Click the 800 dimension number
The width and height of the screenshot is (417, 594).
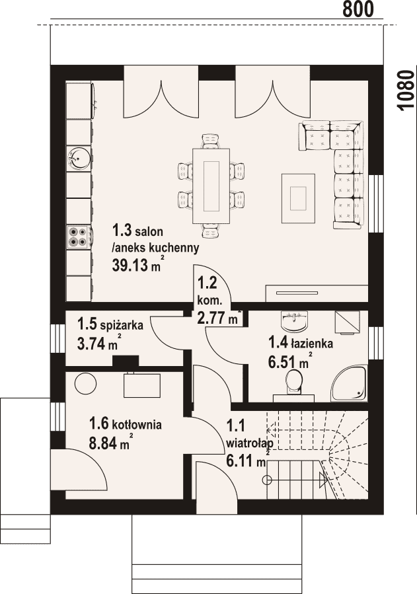(x=358, y=9)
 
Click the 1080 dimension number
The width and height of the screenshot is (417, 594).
(x=406, y=90)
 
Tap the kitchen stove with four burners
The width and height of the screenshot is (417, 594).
(x=79, y=236)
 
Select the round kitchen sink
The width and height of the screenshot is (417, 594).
(x=79, y=158)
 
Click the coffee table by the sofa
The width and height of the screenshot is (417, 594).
(x=298, y=198)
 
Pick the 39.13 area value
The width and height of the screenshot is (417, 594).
(x=130, y=265)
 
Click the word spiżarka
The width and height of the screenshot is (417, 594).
(x=122, y=325)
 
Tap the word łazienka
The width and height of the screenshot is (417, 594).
(x=312, y=344)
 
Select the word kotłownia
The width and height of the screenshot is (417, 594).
(x=137, y=424)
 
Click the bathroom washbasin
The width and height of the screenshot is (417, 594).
(x=294, y=320)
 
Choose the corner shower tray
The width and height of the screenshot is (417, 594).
(x=350, y=383)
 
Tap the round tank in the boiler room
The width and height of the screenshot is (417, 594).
(x=84, y=383)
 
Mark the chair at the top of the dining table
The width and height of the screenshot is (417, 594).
(x=211, y=141)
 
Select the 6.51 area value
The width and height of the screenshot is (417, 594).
(x=282, y=363)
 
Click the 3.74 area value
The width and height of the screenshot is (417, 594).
(x=91, y=344)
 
